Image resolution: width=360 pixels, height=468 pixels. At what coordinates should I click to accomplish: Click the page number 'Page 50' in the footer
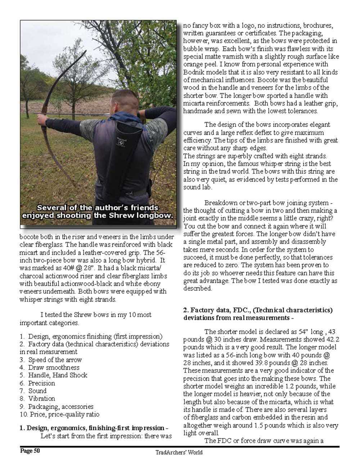pyautogui.click(x=30, y=451)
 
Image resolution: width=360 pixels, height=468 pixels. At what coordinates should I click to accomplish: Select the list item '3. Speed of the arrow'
pyautogui.click(x=51, y=360)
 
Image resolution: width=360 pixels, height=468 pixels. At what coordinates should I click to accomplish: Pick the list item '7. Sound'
pyautogui.click(x=33, y=391)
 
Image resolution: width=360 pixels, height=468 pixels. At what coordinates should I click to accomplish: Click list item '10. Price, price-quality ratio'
pyautogui.click(x=59, y=414)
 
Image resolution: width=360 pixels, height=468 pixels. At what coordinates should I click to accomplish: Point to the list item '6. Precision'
pyautogui.click(x=37, y=383)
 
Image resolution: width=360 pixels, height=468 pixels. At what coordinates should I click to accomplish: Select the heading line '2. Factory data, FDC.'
pyautogui.click(x=258, y=310)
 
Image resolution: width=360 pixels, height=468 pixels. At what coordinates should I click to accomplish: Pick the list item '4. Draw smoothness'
pyautogui.click(x=49, y=367)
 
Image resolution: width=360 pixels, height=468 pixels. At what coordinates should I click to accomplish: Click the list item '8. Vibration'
pyautogui.click(x=37, y=398)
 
